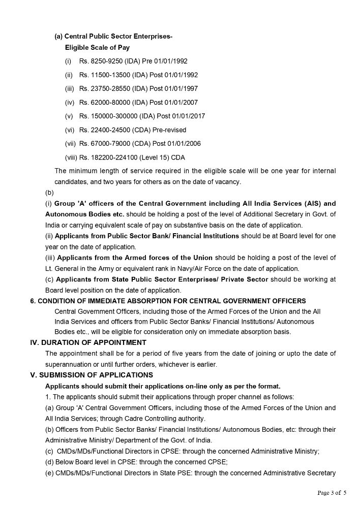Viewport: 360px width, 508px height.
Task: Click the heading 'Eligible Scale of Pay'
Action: [x=97, y=48]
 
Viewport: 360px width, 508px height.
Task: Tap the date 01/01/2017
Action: [x=189, y=116]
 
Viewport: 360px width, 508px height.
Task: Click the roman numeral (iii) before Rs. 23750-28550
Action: [x=70, y=89]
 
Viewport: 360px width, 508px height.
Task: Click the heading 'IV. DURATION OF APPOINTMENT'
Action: [x=88, y=342]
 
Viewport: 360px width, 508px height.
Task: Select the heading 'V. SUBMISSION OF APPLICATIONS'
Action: [x=92, y=375]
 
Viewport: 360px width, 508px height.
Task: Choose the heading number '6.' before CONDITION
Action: [x=33, y=301]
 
